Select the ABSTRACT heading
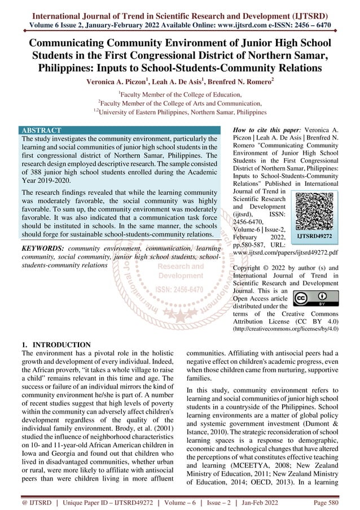click(41, 130)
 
